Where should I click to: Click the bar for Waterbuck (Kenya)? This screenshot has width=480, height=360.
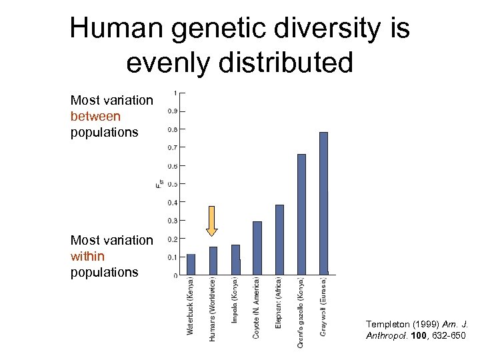(x=191, y=264)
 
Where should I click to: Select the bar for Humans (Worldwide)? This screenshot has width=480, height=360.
(x=213, y=261)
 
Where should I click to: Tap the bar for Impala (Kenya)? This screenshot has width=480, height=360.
(x=235, y=259)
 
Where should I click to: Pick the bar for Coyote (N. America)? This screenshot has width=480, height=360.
(x=257, y=247)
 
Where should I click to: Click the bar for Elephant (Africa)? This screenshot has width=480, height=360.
(x=279, y=239)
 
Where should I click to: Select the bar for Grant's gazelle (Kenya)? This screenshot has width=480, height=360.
(x=301, y=214)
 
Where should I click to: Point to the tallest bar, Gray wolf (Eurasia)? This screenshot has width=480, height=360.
(x=323, y=203)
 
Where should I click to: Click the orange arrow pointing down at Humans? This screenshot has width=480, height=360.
(x=212, y=221)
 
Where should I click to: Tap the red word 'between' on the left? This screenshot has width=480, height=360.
(x=95, y=116)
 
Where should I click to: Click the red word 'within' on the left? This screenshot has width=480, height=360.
(x=87, y=256)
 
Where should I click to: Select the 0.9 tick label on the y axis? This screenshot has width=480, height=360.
(x=172, y=111)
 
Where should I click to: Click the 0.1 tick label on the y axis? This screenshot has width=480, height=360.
(x=172, y=257)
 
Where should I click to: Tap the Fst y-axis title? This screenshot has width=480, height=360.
(x=159, y=184)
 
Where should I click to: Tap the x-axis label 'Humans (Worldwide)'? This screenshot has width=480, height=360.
(x=213, y=310)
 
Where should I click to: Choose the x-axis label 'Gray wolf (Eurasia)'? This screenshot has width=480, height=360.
(x=323, y=306)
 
